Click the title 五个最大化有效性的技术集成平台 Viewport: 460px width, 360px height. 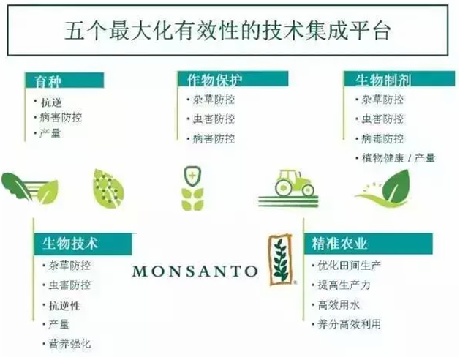pos(227,31)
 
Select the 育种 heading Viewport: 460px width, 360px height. pos(48,81)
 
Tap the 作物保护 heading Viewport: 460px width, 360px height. pos(214,80)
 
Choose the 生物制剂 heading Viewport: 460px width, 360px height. pos(383,80)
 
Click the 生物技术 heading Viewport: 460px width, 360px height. pos(69,244)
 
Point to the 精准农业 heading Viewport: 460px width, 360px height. pos(339,244)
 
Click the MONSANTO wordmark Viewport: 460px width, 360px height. pos(195,271)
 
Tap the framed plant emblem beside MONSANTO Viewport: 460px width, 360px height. pos(281,260)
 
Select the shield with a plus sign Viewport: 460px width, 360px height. pos(192,176)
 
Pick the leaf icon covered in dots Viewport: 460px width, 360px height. pos(108,189)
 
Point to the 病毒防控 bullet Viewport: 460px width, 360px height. pos(382,139)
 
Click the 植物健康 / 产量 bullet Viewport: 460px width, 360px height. pos(398,159)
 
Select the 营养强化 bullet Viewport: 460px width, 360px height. pos(69,344)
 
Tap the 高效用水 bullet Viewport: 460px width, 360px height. pos(339,305)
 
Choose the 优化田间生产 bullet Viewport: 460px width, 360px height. pos(350,266)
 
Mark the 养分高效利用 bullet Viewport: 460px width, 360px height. pos(350,324)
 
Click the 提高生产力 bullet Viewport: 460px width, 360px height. pos(344,285)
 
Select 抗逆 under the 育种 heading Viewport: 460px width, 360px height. pos(51,102)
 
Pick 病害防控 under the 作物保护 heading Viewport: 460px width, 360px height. pos(214,139)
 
